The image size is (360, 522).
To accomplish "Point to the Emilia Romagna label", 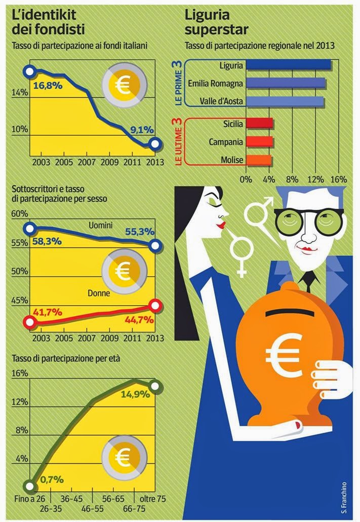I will [215, 83].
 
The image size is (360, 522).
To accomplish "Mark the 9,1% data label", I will [142, 130].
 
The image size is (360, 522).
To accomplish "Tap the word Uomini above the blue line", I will [100, 225].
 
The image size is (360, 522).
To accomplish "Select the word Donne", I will [99, 293].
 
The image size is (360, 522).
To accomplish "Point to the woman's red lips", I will [221, 223].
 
